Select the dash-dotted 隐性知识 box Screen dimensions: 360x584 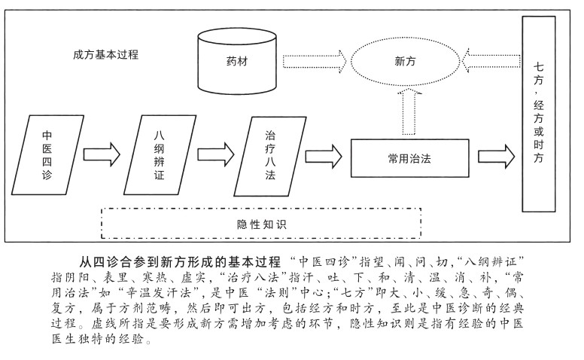point(260,224)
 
